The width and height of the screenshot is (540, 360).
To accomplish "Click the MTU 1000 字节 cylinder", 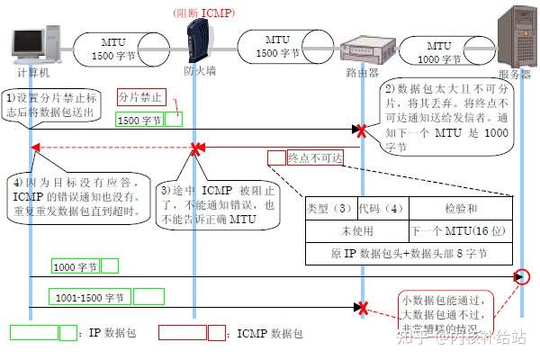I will click(x=438, y=50).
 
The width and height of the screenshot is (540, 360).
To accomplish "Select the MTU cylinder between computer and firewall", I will click(x=113, y=49).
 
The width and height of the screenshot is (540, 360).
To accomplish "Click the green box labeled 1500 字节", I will click(x=139, y=119).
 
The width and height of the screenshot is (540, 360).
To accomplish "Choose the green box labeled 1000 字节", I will click(x=76, y=266).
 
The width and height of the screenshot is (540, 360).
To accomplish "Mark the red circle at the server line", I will click(x=524, y=276).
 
